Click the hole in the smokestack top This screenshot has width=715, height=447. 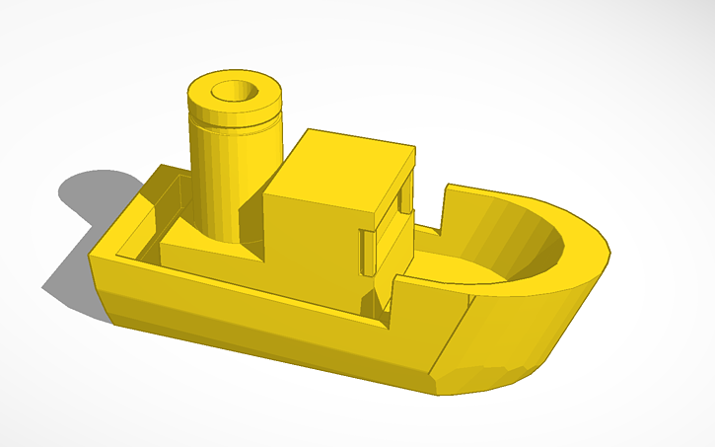point(235,91)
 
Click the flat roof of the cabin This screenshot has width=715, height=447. point(345,163)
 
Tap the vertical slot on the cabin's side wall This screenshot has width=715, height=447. point(367,252)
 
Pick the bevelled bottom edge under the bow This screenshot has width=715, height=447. point(493,380)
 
